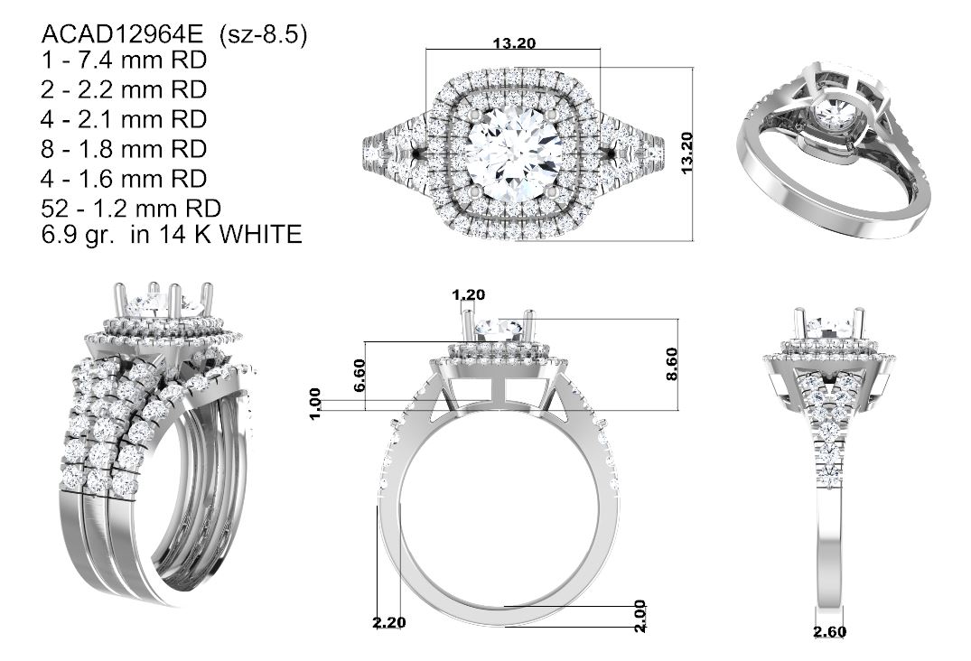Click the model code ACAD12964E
[x=122, y=34]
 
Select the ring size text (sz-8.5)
[x=263, y=35]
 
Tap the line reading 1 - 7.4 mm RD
[x=124, y=60]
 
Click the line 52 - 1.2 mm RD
[x=131, y=209]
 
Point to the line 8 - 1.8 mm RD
[x=124, y=149]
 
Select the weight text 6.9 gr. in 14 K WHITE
[x=172, y=235]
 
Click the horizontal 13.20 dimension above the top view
[x=514, y=43]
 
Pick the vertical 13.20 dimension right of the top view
[x=686, y=153]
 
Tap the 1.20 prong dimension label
[x=468, y=294]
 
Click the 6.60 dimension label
[x=359, y=375]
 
